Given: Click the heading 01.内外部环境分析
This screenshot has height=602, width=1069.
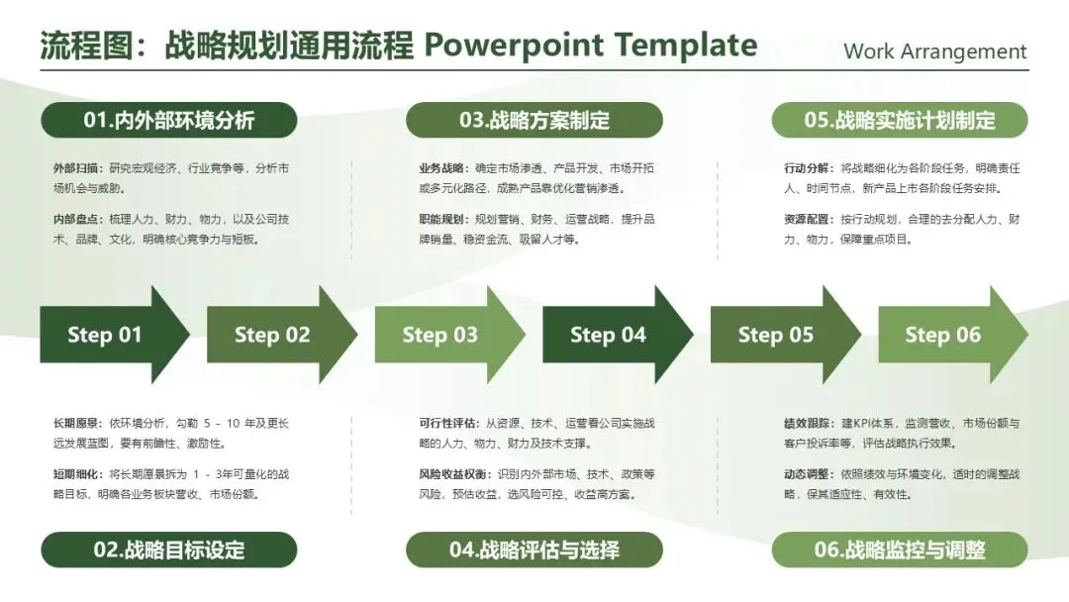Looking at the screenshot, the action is pyautogui.click(x=168, y=121).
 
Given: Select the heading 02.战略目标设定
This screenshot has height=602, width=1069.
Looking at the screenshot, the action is pyautogui.click(x=168, y=550).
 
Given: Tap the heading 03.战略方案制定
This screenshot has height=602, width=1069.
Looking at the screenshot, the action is pyautogui.click(x=534, y=121).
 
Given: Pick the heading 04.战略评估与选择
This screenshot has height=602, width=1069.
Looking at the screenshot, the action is pyautogui.click(x=534, y=550).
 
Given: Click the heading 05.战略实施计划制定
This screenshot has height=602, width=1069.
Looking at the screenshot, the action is pyautogui.click(x=900, y=121).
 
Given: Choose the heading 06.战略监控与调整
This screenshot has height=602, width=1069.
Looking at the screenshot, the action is pyautogui.click(x=900, y=550).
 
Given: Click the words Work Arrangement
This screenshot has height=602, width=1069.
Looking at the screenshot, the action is pyautogui.click(x=935, y=51).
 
